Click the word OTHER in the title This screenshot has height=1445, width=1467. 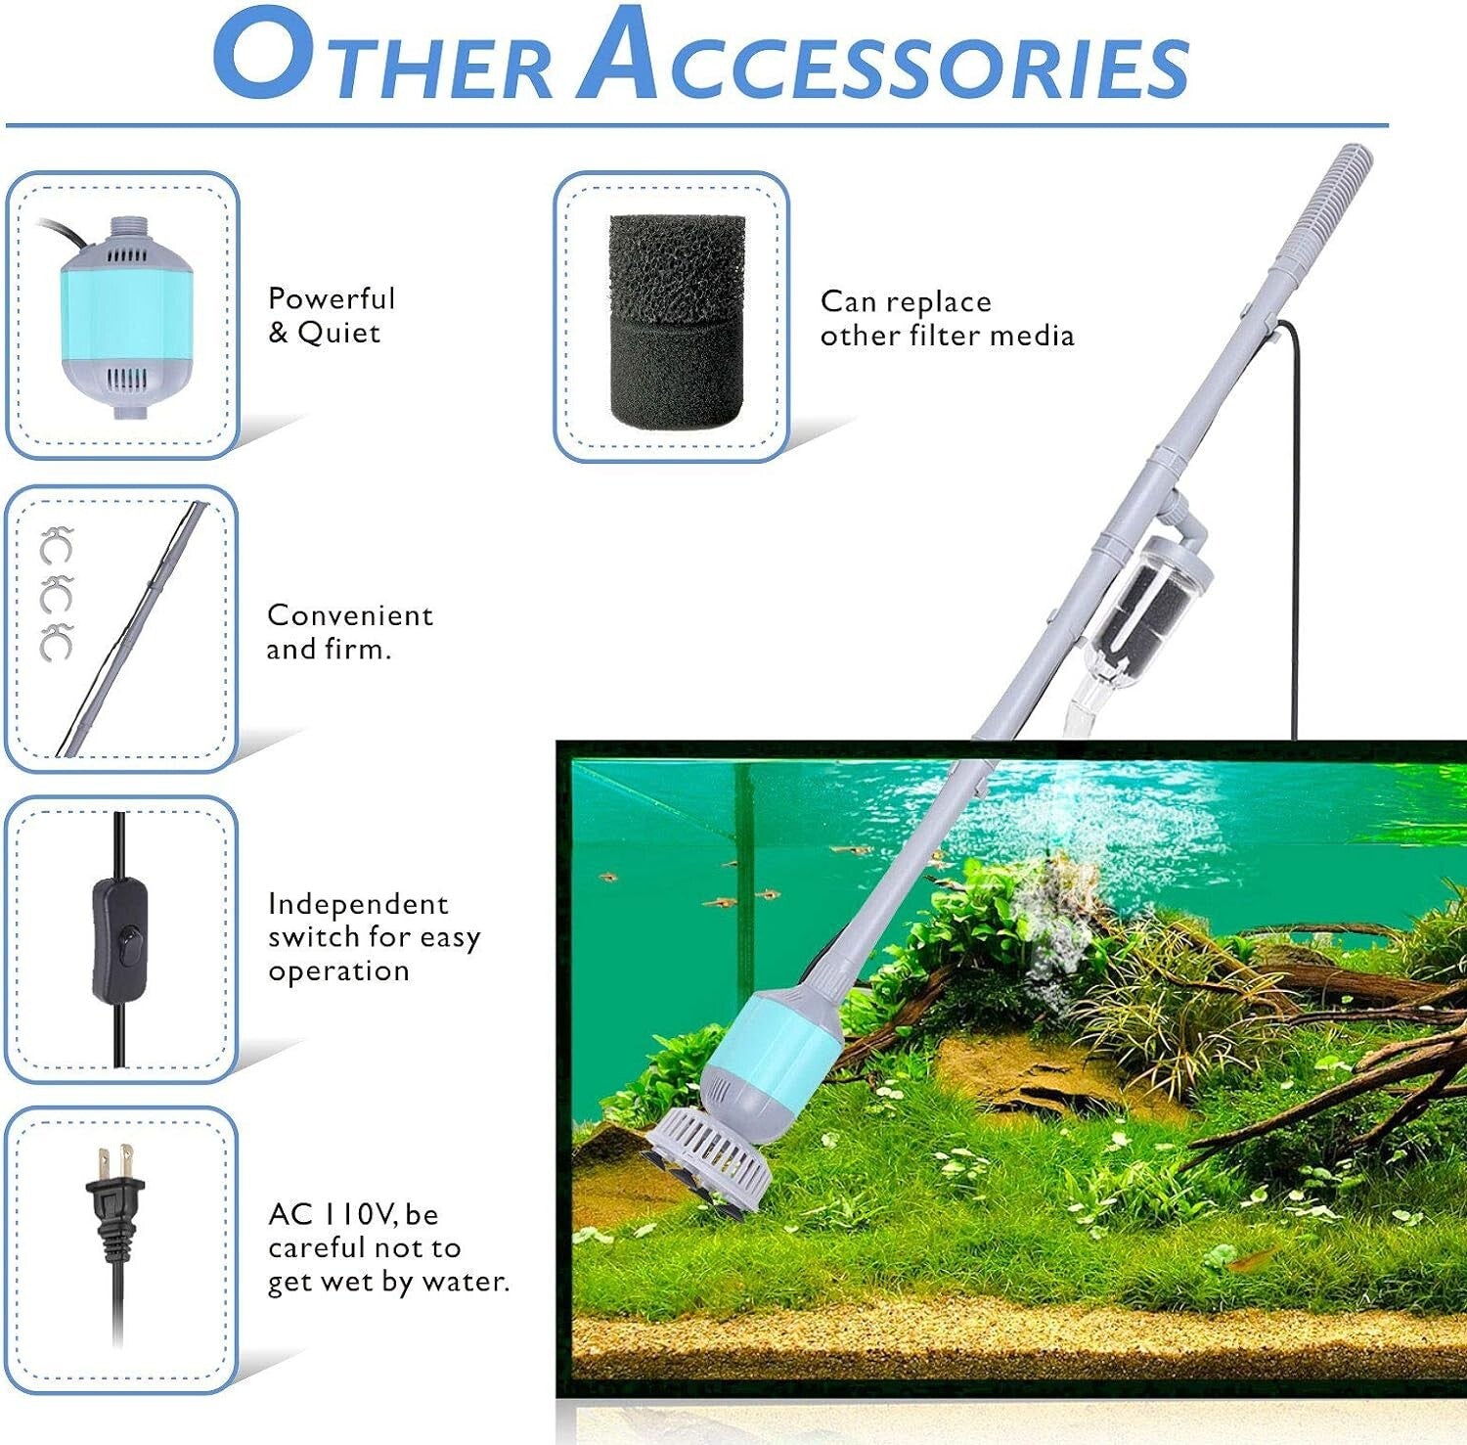click(383, 59)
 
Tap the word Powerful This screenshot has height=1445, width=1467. click(332, 298)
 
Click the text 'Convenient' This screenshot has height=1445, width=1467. click(349, 615)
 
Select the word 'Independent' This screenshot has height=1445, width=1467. click(358, 903)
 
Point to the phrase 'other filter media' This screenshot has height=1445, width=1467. click(947, 336)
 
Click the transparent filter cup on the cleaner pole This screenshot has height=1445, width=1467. click(1149, 599)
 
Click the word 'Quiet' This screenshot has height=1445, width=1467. click(338, 333)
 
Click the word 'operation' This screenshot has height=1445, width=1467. click(338, 971)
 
